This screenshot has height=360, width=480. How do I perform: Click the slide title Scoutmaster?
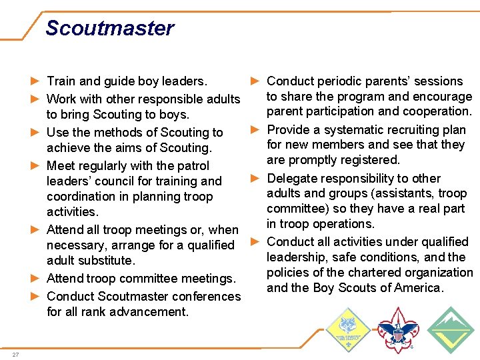click(109, 28)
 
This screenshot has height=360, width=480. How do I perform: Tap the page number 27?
click(15, 354)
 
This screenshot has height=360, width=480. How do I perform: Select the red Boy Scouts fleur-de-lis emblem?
click(397, 329)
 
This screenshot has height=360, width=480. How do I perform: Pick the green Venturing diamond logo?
click(450, 329)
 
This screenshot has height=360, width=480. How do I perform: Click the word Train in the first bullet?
click(61, 81)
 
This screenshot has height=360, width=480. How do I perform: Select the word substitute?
click(106, 261)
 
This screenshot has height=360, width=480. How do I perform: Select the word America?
click(417, 288)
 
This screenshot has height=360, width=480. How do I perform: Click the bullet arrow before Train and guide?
click(35, 81)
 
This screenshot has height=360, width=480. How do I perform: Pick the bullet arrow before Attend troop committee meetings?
click(35, 279)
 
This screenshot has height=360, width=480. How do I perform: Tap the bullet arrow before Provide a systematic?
click(255, 130)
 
